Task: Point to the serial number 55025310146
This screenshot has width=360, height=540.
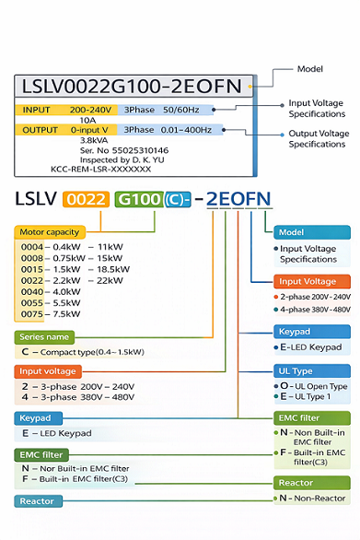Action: point(123,149)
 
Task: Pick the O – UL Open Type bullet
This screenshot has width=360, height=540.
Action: point(311,386)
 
